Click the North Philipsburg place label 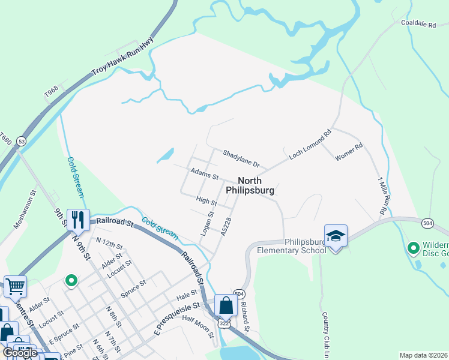pos(250,185)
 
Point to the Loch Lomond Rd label pos(310,145)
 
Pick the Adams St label pos(204,175)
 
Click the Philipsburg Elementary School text pos(292,246)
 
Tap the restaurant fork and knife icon pos(78,220)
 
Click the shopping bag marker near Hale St pos(226,306)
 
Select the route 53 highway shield pos(22,141)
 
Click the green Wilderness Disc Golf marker pos(413,247)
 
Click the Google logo pos(20,353)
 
